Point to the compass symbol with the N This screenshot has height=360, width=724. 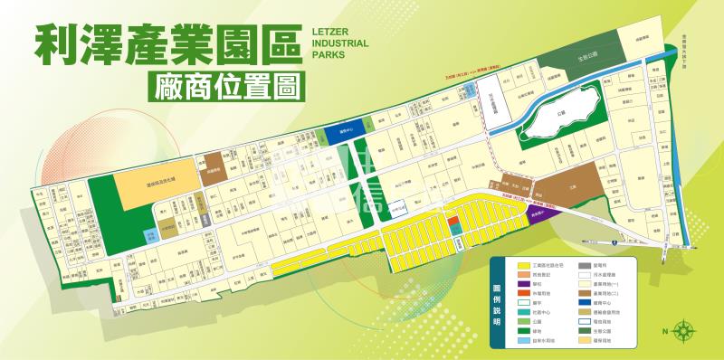684,330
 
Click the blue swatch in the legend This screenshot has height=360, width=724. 586,302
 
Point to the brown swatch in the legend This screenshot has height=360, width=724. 586,292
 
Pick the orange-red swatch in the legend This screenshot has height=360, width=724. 524,292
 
